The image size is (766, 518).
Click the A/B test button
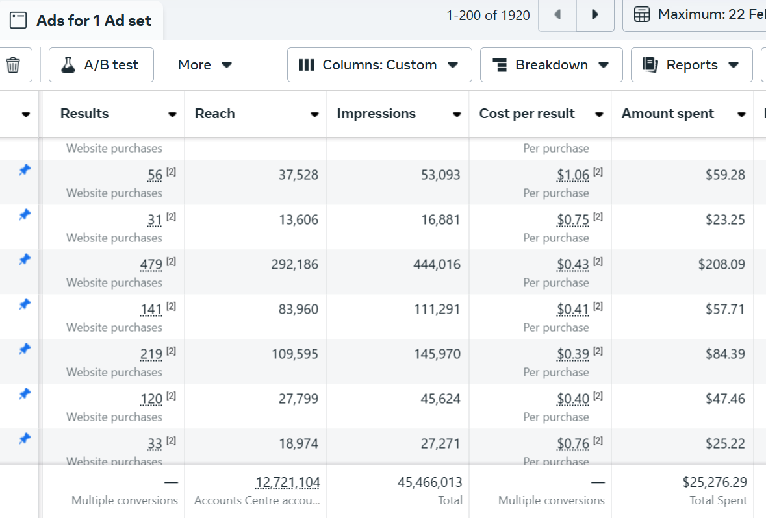coord(101,65)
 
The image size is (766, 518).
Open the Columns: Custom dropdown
coord(379,65)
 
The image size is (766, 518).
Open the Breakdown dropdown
coord(551,65)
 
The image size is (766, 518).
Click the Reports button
coord(691,65)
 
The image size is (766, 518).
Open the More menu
coord(205,65)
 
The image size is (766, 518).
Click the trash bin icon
coord(13,65)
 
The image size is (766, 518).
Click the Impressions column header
coord(376,114)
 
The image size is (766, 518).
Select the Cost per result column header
coord(527,114)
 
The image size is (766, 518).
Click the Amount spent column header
coord(668,114)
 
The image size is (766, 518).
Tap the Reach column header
coord(215,114)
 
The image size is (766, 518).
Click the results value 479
coord(151,265)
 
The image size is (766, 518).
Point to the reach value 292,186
coord(294,265)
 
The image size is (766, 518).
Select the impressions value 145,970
coord(437,354)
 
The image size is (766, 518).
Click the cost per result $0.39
coord(573,354)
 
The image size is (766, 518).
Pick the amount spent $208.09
coord(721,265)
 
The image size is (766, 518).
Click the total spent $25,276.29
coord(714,482)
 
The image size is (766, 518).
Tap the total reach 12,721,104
coord(287,482)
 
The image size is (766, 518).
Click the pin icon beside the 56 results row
coord(24,170)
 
